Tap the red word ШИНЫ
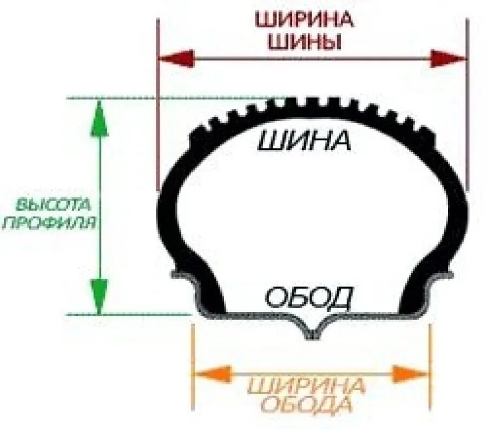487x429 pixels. pyautogui.click(x=305, y=42)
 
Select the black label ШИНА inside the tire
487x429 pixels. pyautogui.click(x=305, y=142)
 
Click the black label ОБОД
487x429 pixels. pyautogui.click(x=309, y=297)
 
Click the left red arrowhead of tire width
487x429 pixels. pyautogui.click(x=176, y=58)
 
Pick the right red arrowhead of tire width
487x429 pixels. pyautogui.click(x=448, y=58)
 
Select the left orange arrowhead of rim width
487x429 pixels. pyautogui.click(x=212, y=373)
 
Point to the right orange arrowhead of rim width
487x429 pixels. pyautogui.click(x=410, y=373)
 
